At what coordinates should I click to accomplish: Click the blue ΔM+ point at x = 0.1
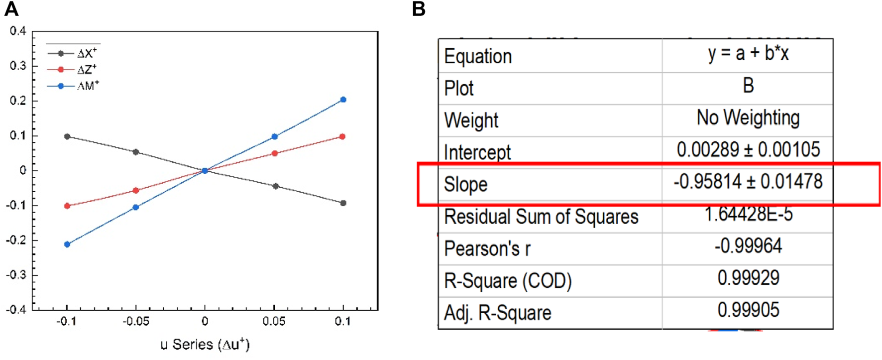(343, 100)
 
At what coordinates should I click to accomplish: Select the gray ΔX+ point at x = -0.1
(67, 136)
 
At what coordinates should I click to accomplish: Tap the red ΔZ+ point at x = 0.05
(274, 153)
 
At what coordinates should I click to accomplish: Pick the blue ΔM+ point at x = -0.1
(67, 244)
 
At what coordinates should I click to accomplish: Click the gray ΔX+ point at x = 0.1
(343, 203)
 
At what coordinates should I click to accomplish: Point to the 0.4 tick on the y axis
(18, 31)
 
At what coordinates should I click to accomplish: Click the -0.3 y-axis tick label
(16, 275)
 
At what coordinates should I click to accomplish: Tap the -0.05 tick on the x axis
(136, 322)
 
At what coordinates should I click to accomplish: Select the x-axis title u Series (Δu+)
(205, 345)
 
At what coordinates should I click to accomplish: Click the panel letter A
(11, 9)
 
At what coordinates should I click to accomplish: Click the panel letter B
(419, 9)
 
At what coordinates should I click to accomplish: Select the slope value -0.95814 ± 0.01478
(748, 182)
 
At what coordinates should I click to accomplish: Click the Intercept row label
(477, 152)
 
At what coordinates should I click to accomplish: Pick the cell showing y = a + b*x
(748, 53)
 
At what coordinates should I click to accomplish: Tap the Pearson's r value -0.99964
(748, 246)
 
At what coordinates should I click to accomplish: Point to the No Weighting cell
(748, 118)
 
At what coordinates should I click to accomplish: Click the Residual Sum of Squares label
(541, 217)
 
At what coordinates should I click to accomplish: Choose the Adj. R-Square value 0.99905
(748, 310)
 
